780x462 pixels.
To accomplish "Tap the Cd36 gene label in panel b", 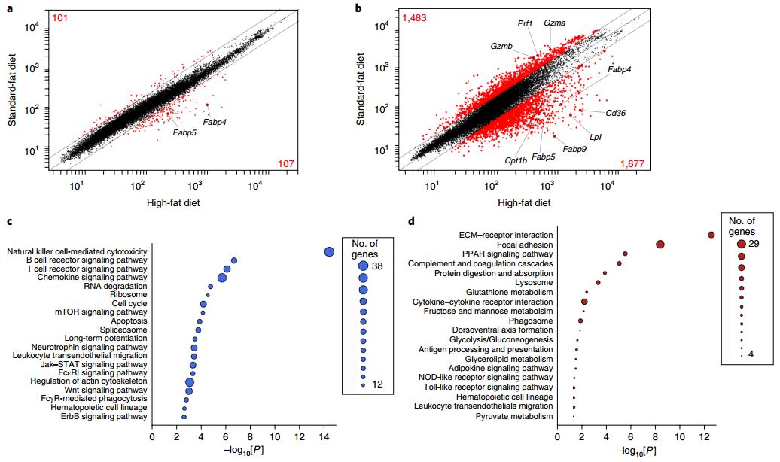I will [x=616, y=113].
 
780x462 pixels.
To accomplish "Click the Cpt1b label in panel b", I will [x=516, y=160].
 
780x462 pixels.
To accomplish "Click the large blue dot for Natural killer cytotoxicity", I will [x=329, y=252].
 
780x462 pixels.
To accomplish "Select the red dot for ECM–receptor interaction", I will [x=711, y=235].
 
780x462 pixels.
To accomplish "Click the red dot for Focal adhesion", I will [x=660, y=244].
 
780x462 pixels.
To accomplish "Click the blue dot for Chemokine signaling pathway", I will [x=222, y=278].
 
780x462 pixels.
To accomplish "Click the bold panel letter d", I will [x=410, y=221].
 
